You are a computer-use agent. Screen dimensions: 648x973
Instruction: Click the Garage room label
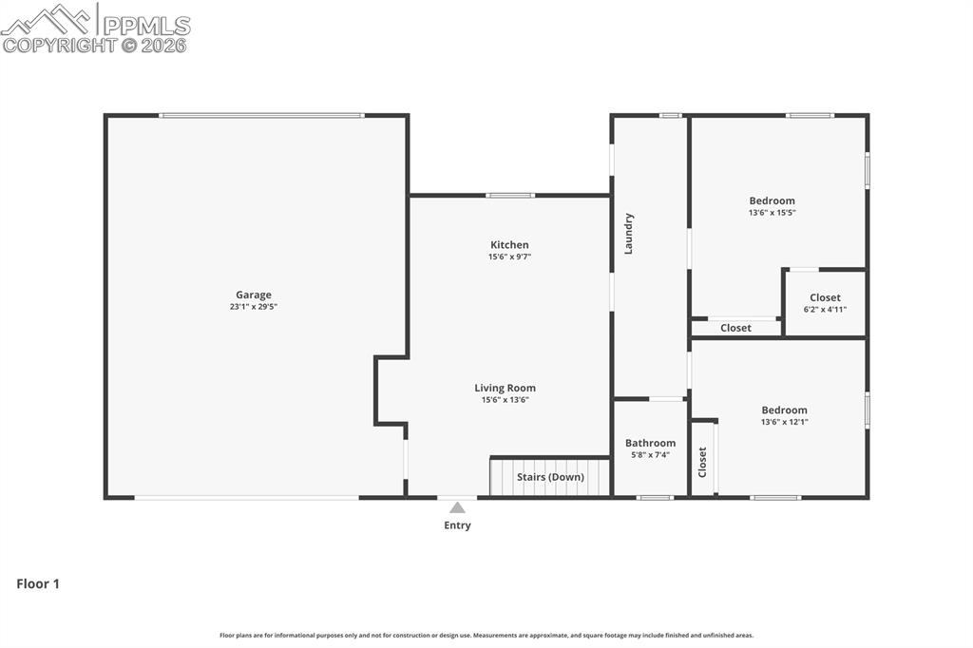click(x=254, y=295)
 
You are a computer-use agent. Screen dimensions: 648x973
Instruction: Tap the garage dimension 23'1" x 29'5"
click(x=254, y=307)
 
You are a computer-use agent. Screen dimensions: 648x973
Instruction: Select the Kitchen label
click(x=509, y=245)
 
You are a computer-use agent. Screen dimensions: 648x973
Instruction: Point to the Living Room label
click(x=505, y=388)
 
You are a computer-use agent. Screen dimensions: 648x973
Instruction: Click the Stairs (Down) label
click(x=550, y=477)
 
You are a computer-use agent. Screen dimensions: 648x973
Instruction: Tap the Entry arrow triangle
click(x=457, y=507)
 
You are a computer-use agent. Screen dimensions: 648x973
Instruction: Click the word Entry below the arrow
click(x=457, y=525)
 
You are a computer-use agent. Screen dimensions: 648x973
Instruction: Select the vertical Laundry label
click(x=628, y=234)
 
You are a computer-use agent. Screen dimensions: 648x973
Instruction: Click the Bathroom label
click(x=650, y=443)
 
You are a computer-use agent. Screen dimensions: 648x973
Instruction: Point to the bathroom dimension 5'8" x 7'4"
click(x=650, y=455)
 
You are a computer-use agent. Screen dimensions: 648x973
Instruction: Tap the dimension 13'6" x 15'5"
click(x=772, y=213)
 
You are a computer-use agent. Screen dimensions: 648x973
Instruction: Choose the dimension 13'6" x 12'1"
click(x=784, y=422)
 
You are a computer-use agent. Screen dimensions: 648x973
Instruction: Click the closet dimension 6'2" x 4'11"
click(x=825, y=310)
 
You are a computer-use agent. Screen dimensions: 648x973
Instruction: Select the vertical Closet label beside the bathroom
click(x=702, y=462)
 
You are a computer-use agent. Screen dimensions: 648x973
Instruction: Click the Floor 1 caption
click(x=38, y=584)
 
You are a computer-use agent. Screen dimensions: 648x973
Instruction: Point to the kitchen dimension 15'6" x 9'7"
click(x=509, y=257)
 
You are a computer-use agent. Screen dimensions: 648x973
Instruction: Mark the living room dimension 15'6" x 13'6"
click(x=505, y=400)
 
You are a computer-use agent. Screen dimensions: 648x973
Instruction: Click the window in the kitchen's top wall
click(x=510, y=196)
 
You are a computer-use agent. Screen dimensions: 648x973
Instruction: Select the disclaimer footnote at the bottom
click(x=486, y=636)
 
